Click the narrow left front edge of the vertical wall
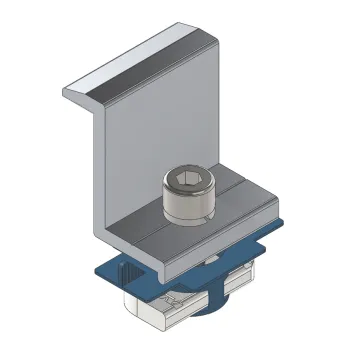click(x=109, y=170)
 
